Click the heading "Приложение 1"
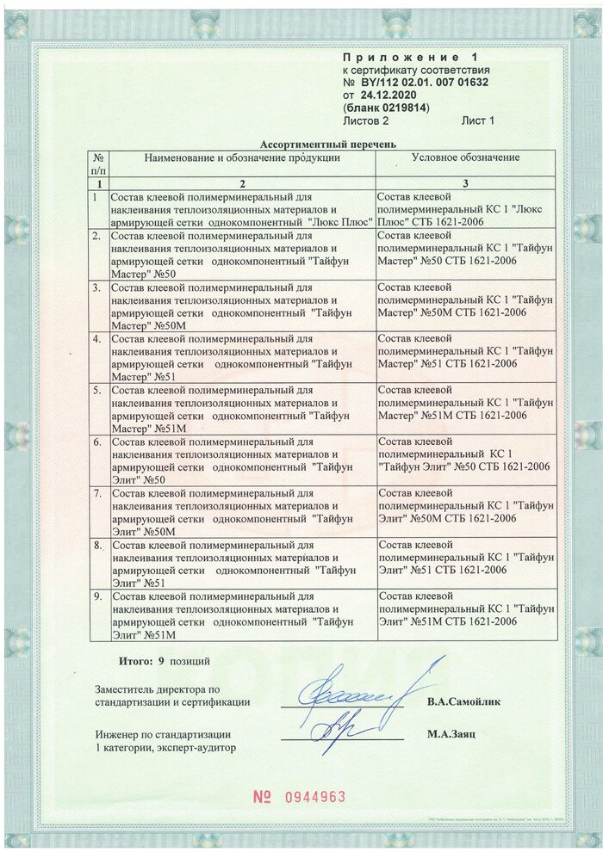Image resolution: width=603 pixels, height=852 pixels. [415, 57]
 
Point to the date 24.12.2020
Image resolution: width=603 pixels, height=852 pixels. [393, 96]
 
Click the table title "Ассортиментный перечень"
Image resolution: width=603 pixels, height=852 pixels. [328, 145]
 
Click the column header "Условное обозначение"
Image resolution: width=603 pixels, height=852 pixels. [465, 157]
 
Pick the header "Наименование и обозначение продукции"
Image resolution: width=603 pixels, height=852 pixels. [242, 157]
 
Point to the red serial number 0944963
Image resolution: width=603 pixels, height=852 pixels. [314, 797]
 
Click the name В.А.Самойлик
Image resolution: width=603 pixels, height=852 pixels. [463, 701]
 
